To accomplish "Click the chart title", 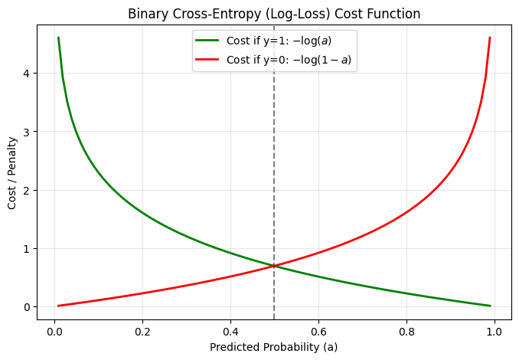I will pos(273,14).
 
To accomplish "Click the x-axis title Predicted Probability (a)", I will pos(273,346).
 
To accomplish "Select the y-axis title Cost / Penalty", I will pos(12,173).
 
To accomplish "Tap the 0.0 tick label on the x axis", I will pos(54,332).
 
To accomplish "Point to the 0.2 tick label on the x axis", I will pos(142,332).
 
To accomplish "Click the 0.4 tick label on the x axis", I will pos(230,332).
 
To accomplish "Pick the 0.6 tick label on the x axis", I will pos(318,332).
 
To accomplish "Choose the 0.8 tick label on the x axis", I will pos(406,332).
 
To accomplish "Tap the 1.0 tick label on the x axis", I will pos(494,332).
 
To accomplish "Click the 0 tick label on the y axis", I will pos(26,307).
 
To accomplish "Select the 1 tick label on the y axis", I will pos(26,249).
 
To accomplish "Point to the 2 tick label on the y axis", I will pos(26,191).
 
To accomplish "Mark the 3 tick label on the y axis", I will pos(26,132).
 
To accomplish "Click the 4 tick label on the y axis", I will pos(26,74).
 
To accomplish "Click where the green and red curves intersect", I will pos(274,266).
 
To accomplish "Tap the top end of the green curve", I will pos(58,38).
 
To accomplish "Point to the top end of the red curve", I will pos(489,38).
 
